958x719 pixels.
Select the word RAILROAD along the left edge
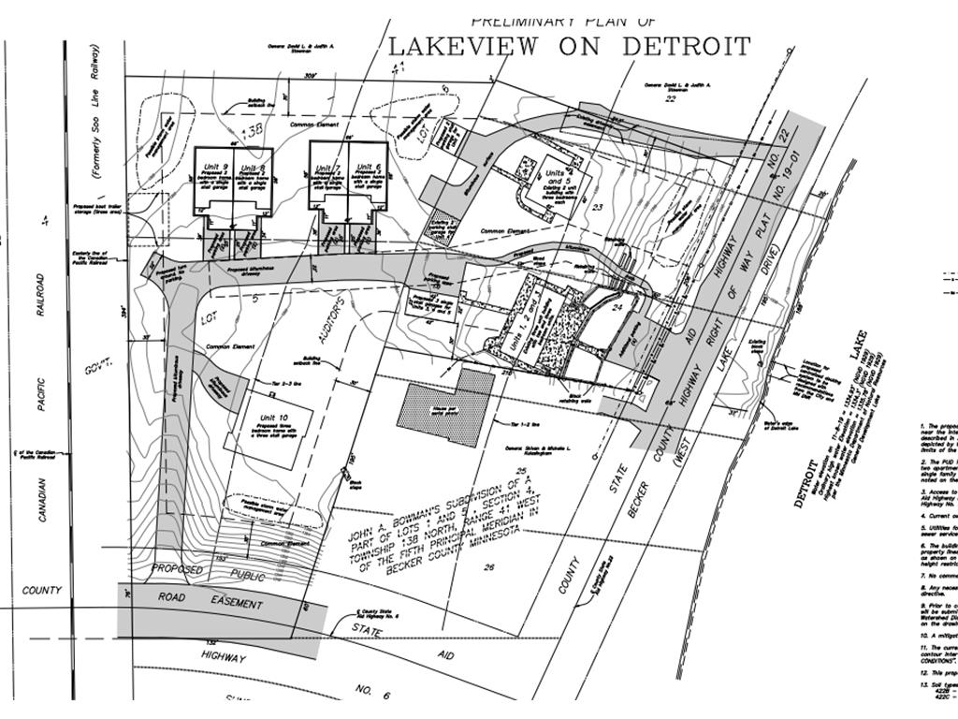pyautogui.click(x=40, y=296)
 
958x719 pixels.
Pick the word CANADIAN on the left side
pyautogui.click(x=44, y=486)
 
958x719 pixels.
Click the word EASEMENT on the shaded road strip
pyautogui.click(x=235, y=603)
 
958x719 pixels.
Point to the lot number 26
pyautogui.click(x=488, y=566)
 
